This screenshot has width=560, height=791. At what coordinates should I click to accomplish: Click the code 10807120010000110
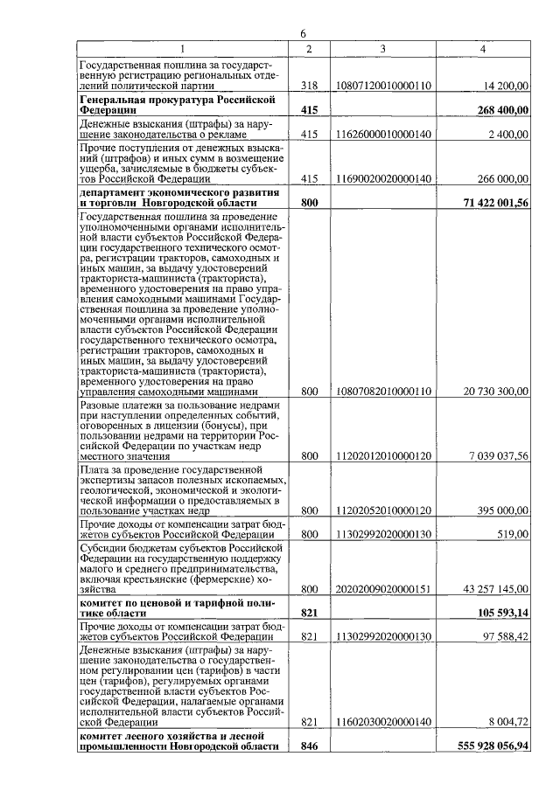click(383, 86)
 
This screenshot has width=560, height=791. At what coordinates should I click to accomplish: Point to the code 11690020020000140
click(383, 178)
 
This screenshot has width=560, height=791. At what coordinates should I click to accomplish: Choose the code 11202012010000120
click(383, 455)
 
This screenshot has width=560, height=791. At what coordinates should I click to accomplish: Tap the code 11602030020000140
click(383, 723)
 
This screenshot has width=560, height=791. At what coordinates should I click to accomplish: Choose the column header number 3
click(383, 48)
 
